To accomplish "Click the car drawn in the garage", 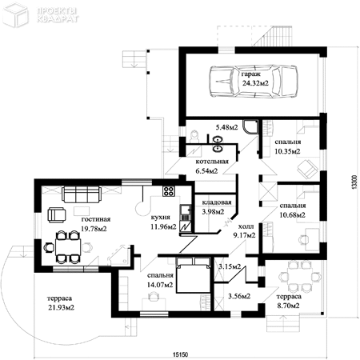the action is (253, 81).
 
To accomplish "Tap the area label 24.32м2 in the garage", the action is (255, 83).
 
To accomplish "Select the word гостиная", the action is (96, 219).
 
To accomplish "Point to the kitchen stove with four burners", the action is (169, 191).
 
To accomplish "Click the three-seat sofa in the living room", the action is (82, 194).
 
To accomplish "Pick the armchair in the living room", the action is (57, 215).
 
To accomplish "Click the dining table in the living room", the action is (68, 247).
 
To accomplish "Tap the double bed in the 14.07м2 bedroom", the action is (193, 274).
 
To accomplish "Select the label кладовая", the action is (217, 202).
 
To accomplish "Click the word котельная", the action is (212, 162).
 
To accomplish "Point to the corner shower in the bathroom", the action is (250, 126).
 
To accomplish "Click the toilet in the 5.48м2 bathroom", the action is (194, 136).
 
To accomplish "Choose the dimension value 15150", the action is (181, 354).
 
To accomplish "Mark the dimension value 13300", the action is (354, 182).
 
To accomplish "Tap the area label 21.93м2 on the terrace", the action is (61, 307).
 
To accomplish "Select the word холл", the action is (246, 226).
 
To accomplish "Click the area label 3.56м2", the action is (239, 296).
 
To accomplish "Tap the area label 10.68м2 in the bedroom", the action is (292, 214).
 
